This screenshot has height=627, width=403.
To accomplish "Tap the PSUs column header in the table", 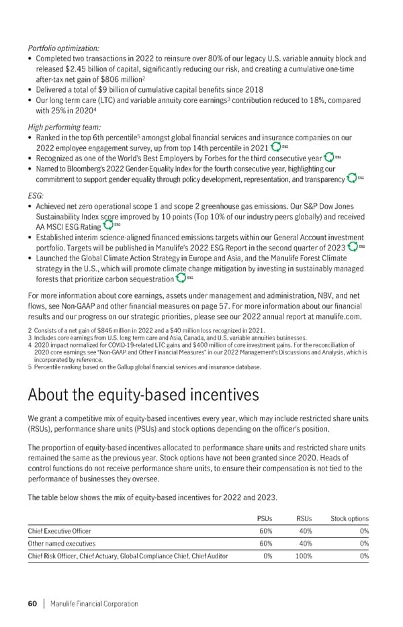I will [x=265, y=518].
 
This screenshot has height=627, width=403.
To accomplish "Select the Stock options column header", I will [x=349, y=518].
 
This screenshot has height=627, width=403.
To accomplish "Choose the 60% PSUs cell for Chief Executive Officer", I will [x=265, y=531].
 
